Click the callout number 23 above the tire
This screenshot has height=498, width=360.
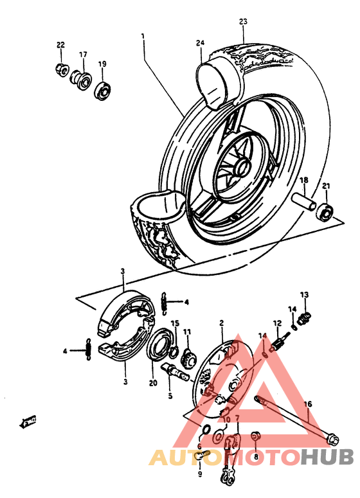243,22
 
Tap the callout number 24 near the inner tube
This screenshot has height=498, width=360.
200,43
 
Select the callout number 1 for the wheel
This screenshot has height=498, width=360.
143,37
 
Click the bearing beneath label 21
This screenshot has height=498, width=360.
327,210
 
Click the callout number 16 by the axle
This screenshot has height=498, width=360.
308,404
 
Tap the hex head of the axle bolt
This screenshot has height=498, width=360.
332,441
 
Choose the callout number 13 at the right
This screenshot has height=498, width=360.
304,294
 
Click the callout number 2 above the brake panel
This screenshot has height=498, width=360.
221,323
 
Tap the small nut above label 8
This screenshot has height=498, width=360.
255,438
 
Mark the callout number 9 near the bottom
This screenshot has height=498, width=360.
199,474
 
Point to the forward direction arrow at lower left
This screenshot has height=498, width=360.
28,421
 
